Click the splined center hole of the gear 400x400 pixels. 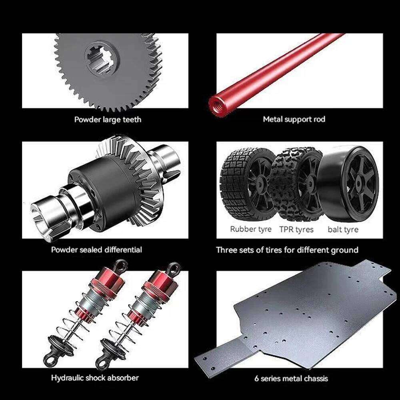coord(102,59)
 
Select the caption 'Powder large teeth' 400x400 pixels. coord(108,120)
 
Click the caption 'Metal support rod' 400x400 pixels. coord(294,119)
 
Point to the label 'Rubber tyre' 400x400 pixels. coord(251,229)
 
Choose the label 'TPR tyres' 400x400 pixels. coord(296,229)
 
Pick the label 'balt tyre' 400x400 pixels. coord(343,230)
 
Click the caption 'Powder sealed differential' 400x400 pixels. coord(96,250)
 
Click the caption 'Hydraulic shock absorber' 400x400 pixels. coord(95,378)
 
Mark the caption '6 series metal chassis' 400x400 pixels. coord(291,378)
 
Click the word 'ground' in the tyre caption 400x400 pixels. coord(344,250)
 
